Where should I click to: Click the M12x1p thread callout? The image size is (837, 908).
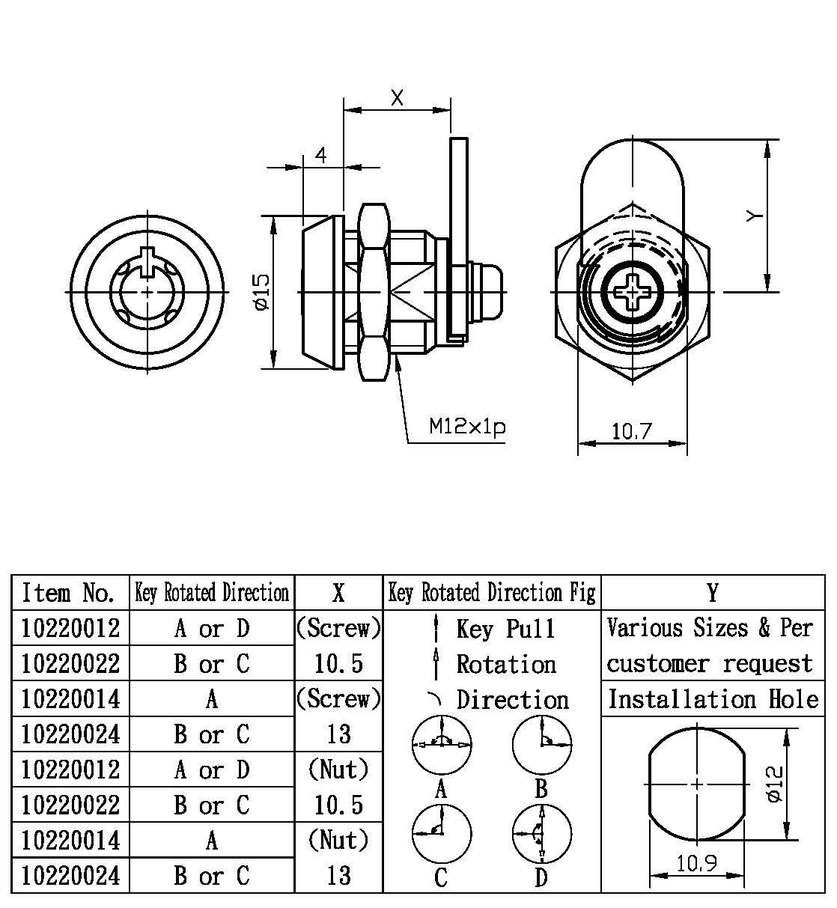pos(467,427)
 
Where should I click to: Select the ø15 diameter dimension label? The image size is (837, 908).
pos(261,291)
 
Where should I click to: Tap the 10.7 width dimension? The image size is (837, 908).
pos(631,431)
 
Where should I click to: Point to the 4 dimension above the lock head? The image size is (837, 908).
pos(321,155)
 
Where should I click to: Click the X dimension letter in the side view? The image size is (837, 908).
pos(397,97)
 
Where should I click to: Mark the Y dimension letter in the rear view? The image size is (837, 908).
pos(755,216)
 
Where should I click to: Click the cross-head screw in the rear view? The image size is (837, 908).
pos(633,291)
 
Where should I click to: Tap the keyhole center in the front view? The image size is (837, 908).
pos(147,290)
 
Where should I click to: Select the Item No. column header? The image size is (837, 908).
pos(70,593)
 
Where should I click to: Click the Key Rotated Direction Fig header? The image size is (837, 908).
pos(492,593)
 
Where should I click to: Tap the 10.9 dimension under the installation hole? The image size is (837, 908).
pos(696,863)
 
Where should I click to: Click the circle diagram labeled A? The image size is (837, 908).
pos(442,745)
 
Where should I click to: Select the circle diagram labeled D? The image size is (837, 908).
pos(541,834)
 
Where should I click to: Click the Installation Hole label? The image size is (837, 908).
pos(713,699)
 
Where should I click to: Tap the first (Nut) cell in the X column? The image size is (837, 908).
pos(339,769)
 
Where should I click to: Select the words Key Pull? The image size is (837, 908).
pos(505,629)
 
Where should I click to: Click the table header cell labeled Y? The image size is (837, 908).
pos(713,593)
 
